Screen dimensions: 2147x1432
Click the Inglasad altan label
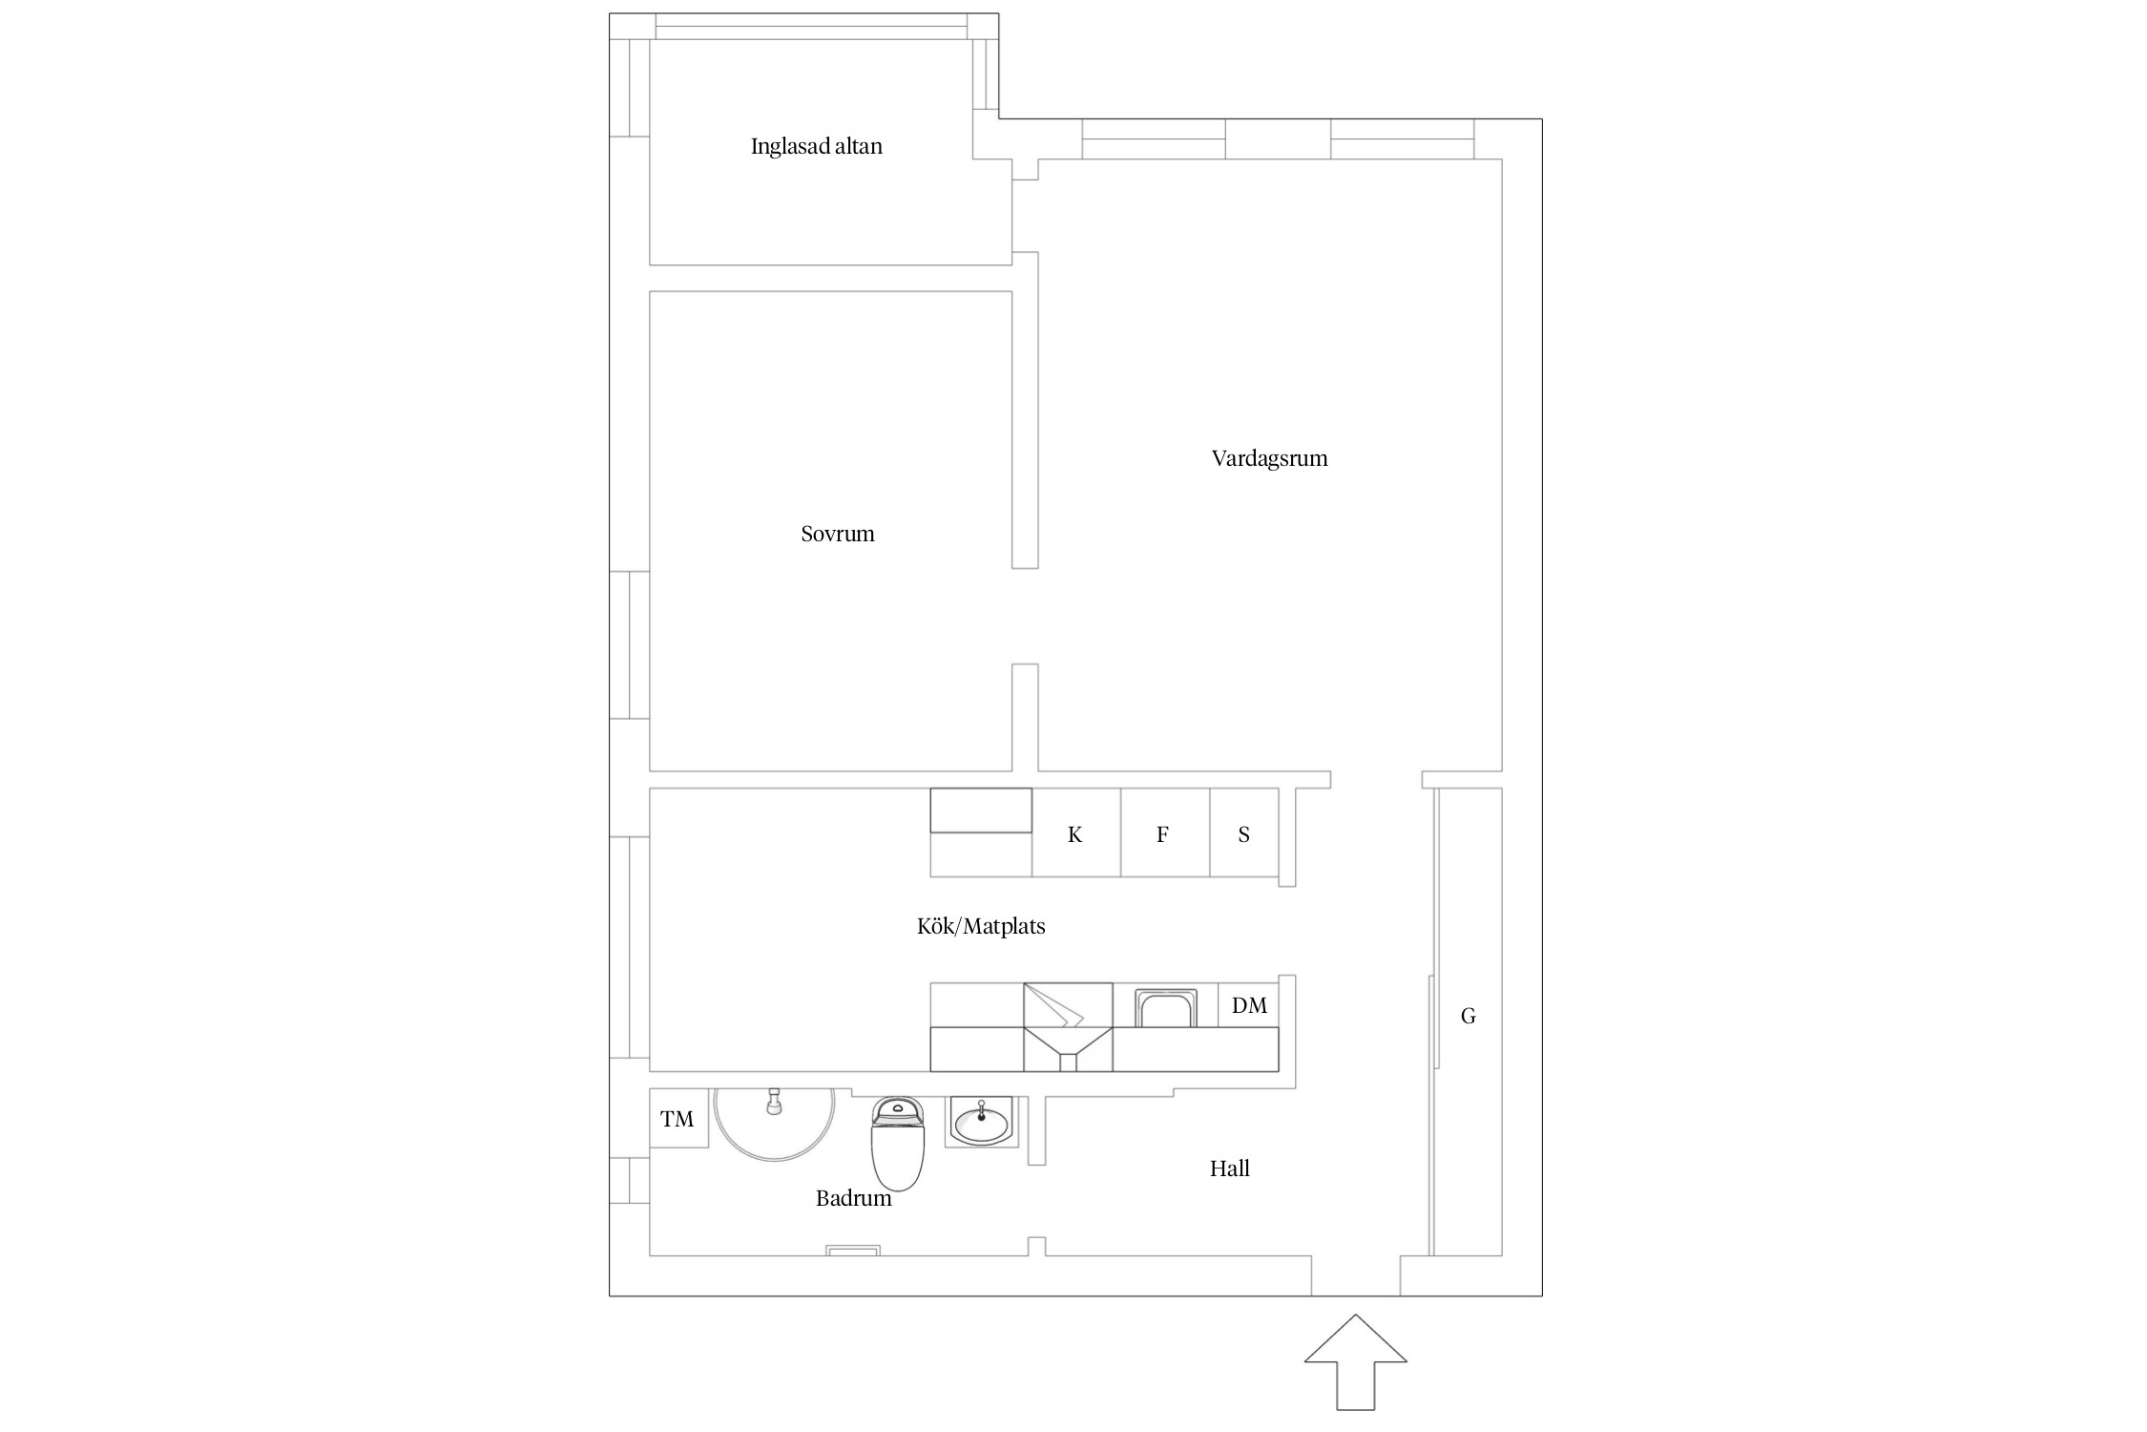[816, 146]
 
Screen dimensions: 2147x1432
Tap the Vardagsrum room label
[1269, 458]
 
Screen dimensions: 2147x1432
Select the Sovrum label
[837, 534]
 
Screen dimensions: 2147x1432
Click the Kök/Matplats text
[981, 926]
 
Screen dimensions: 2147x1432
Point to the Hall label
[1229, 1169]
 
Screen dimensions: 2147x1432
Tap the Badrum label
[853, 1198]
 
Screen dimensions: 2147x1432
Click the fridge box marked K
[1075, 832]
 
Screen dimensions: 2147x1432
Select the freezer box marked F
[1165, 832]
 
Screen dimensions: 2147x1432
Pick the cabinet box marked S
[1244, 832]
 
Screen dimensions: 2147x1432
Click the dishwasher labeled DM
[1248, 1005]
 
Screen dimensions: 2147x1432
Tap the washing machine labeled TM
[678, 1118]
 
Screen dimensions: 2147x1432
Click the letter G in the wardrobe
[1469, 1017]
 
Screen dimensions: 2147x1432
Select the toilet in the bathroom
[897, 1143]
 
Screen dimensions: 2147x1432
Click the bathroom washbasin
[982, 1121]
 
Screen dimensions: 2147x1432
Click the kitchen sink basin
[1165, 1008]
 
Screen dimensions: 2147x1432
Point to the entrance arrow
[1355, 1375]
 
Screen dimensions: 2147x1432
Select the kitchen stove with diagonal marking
[1068, 1026]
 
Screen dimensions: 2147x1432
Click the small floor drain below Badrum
[853, 1250]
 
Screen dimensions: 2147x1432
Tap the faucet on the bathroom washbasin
[981, 1109]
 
